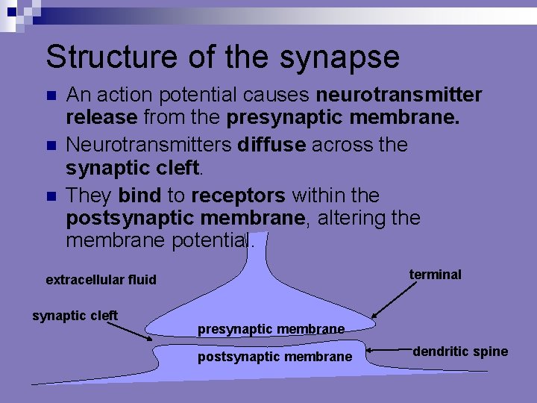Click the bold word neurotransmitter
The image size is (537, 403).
pyautogui.click(x=399, y=96)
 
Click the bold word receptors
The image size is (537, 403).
pyautogui.click(x=239, y=196)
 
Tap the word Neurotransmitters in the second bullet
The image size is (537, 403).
pyautogui.click(x=148, y=145)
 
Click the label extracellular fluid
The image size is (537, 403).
pyautogui.click(x=101, y=280)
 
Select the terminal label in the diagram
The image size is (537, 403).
pyautogui.click(x=435, y=275)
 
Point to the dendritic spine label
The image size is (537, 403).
pyautogui.click(x=460, y=352)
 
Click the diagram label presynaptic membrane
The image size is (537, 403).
pyautogui.click(x=271, y=328)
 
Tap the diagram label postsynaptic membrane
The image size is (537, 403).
pyautogui.click(x=274, y=357)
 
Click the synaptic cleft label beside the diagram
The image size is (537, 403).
pyautogui.click(x=75, y=316)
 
